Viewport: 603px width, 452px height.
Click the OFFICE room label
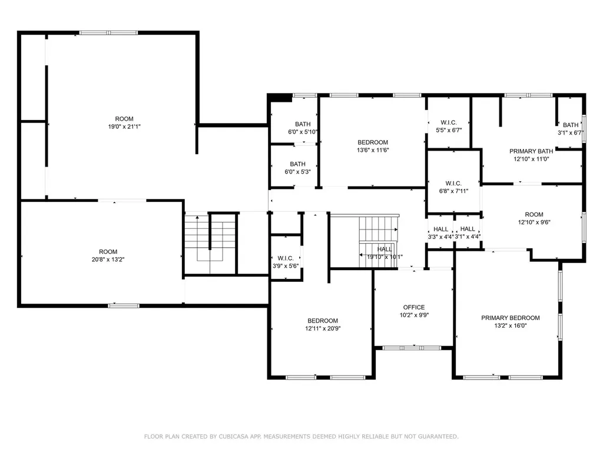[414, 307]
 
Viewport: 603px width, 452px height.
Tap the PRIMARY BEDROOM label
[511, 318]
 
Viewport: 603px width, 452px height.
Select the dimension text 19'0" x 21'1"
[124, 127]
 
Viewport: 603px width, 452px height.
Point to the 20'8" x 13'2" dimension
[108, 260]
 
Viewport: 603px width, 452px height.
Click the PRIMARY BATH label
[531, 151]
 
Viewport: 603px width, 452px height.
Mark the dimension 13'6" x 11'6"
[373, 150]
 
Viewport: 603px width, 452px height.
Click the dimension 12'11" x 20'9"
[323, 328]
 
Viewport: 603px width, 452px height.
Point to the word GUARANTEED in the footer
[438, 437]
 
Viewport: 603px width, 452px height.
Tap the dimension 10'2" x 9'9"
[414, 315]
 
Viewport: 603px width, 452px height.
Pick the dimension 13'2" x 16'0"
[511, 325]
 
